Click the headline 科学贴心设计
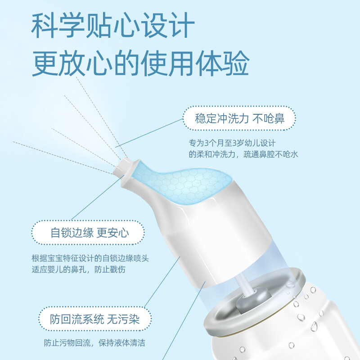tap(113, 25)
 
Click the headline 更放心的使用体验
tap(140, 63)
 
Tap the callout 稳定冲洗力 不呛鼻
tap(239, 118)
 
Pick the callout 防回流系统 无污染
tap(95, 319)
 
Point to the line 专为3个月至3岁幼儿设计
tap(232, 143)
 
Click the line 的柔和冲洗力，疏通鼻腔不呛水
tap(243, 154)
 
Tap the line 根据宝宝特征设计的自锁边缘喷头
tap(90, 258)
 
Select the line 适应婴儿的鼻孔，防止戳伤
tap(78, 269)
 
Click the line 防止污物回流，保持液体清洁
tap(94, 343)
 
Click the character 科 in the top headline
tap(44, 25)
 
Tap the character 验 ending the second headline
tap(236, 63)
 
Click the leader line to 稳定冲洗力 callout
tap(149, 133)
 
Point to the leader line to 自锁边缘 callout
tap(98, 198)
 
